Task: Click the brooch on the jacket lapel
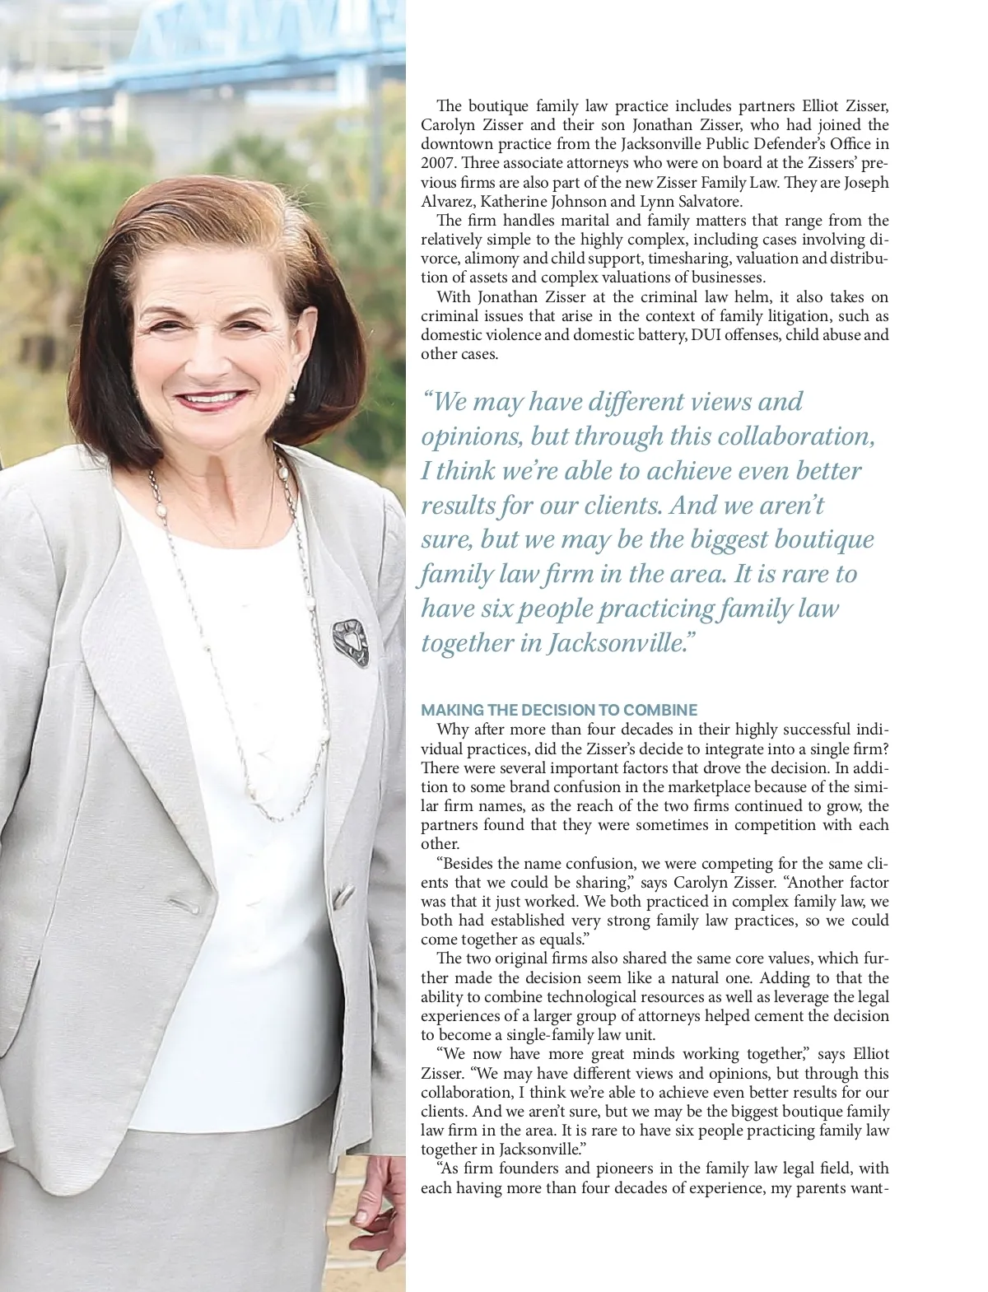350,642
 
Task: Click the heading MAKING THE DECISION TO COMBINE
559,710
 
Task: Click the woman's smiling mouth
211,400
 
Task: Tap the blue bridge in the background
206,49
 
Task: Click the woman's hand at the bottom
379,1210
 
